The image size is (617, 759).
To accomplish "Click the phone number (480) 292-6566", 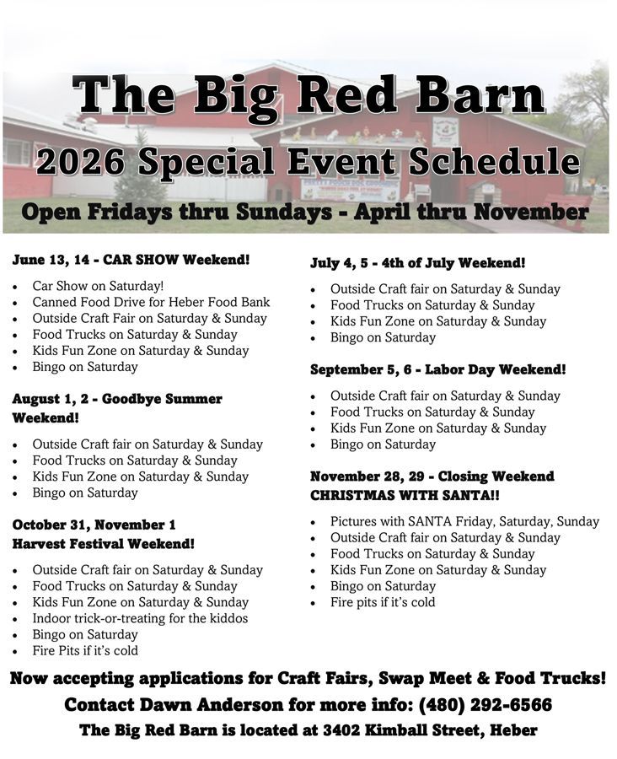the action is point(485,705).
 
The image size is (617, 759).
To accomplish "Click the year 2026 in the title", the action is point(81,162).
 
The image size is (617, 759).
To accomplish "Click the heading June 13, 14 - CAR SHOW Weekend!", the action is point(131,260).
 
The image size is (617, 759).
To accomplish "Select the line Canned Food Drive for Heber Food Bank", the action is point(151,302).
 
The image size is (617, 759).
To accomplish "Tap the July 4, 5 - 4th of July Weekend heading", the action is point(417,263).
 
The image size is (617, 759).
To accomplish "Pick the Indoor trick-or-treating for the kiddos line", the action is point(140,618).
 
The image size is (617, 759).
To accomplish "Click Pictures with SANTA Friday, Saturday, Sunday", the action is point(464,521).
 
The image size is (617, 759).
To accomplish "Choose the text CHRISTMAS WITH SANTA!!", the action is point(405,495).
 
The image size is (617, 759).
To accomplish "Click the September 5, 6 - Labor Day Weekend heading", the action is point(438,369).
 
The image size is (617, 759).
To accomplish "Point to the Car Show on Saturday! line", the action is point(98,286).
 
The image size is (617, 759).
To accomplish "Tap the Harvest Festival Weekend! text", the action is point(104,544).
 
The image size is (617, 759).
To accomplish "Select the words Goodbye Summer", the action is point(162,399).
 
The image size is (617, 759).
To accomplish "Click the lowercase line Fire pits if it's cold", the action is point(383,602).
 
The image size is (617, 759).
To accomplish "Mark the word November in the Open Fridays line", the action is point(531,212).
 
